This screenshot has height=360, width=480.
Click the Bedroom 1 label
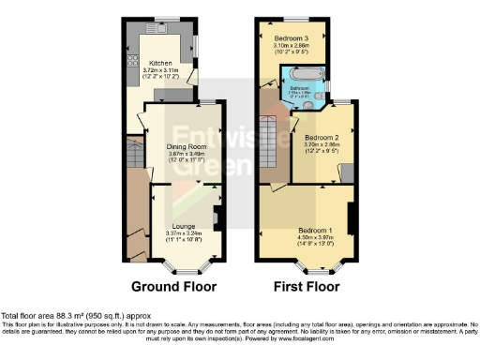[x=314, y=230]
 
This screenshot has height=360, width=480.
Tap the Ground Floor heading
[x=170, y=285]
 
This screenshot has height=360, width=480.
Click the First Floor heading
[x=307, y=285]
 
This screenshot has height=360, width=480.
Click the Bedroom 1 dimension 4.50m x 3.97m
[x=314, y=237]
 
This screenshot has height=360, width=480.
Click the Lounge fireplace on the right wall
[x=217, y=220]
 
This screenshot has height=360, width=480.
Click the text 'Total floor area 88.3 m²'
[x=56, y=315]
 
